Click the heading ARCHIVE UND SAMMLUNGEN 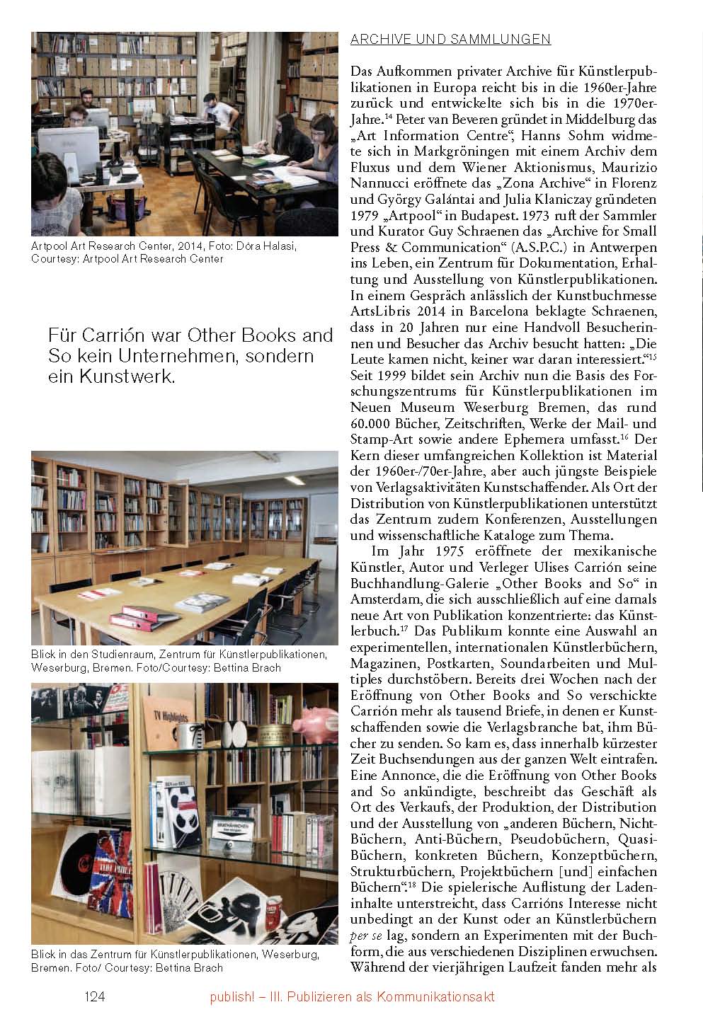450,40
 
